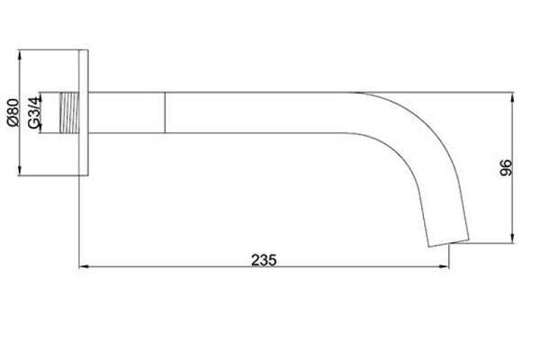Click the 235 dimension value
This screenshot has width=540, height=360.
[x=264, y=260]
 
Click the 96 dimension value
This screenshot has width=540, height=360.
[x=506, y=167]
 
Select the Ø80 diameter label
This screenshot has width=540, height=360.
[x=13, y=112]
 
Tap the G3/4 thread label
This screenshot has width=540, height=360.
[x=34, y=112]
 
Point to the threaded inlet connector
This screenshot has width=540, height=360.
[x=69, y=112]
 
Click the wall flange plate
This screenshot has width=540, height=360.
[x=84, y=112]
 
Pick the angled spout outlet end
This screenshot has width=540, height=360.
[x=449, y=242]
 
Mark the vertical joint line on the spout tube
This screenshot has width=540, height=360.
[x=165, y=112]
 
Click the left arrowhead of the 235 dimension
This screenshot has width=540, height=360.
[x=84, y=266]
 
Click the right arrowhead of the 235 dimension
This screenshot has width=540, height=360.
[x=445, y=266]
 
